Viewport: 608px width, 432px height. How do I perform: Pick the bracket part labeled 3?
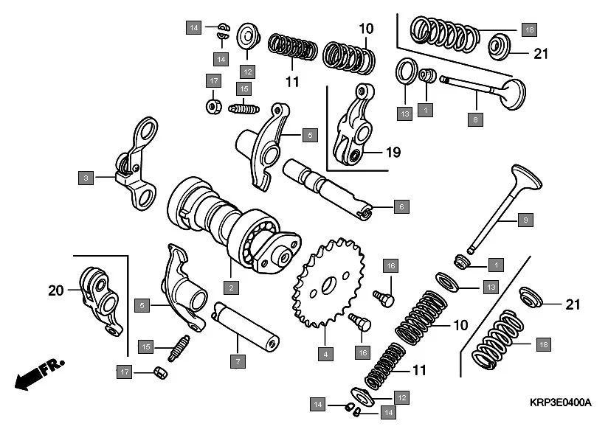[138, 166]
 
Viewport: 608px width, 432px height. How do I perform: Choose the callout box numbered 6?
[401, 207]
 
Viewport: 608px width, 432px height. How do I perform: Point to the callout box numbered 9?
[525, 220]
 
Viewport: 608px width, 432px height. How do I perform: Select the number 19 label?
[392, 153]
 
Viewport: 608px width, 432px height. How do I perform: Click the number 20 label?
[56, 290]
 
